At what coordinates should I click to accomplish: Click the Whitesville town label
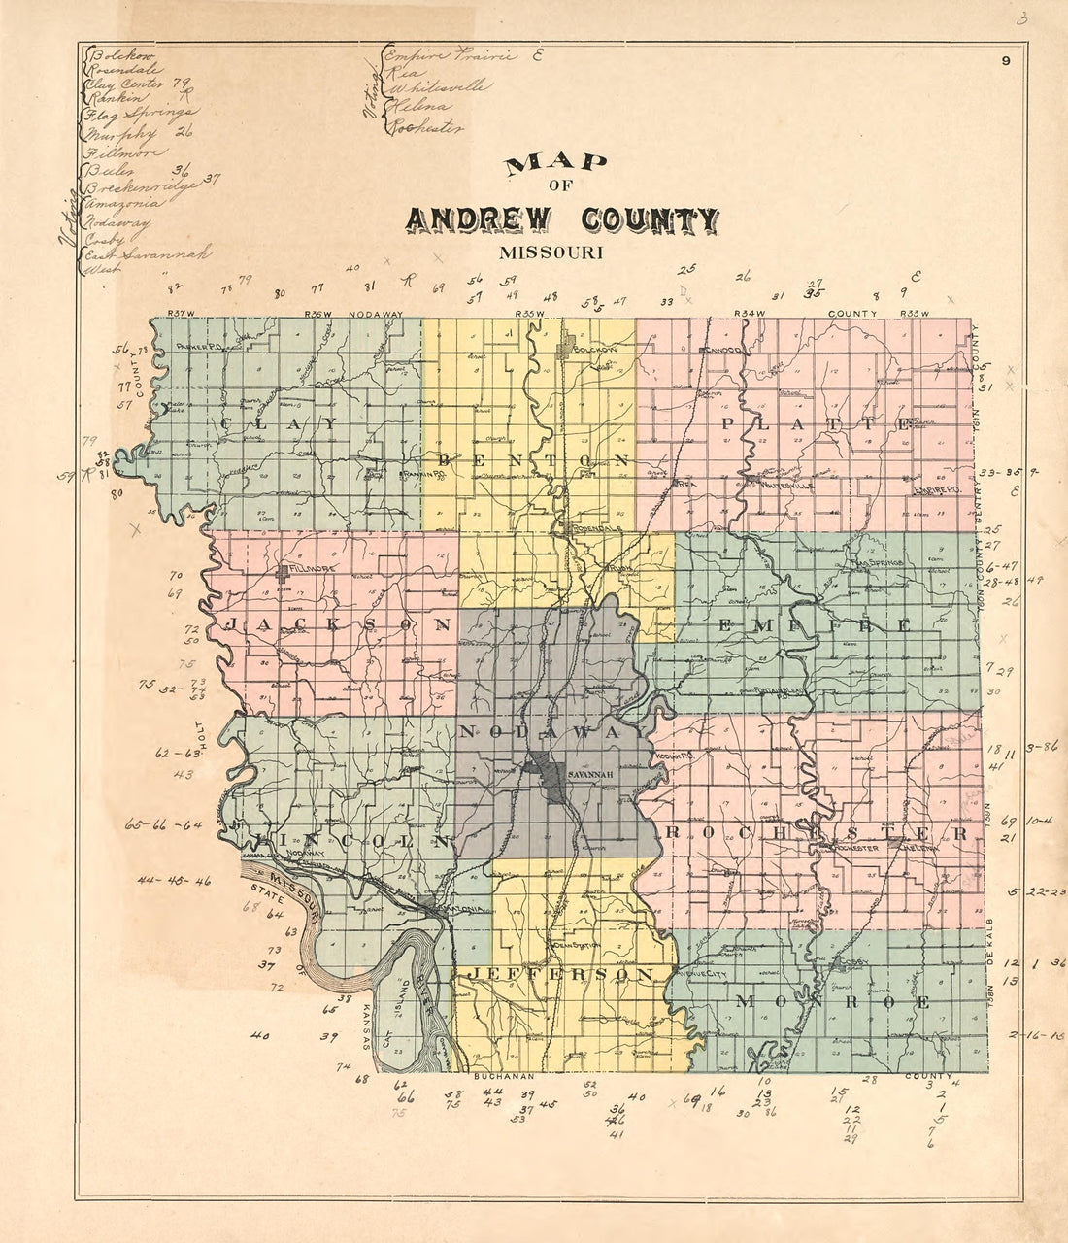click(783, 482)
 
